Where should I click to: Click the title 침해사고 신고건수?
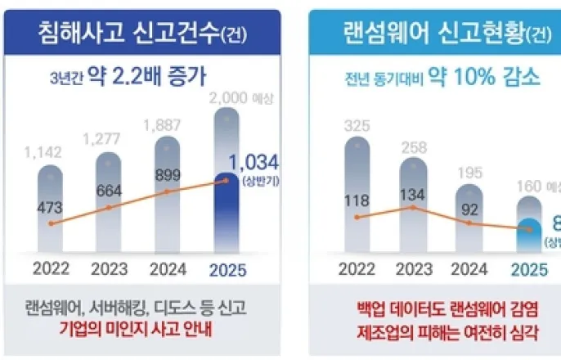click(142, 32)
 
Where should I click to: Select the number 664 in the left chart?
click(108, 191)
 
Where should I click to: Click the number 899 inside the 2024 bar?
click(166, 173)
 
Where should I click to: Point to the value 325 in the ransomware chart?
click(356, 127)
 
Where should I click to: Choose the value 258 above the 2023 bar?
click(413, 146)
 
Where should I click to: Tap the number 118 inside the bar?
click(356, 200)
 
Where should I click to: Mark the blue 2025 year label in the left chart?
click(227, 268)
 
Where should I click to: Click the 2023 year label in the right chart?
click(413, 268)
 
